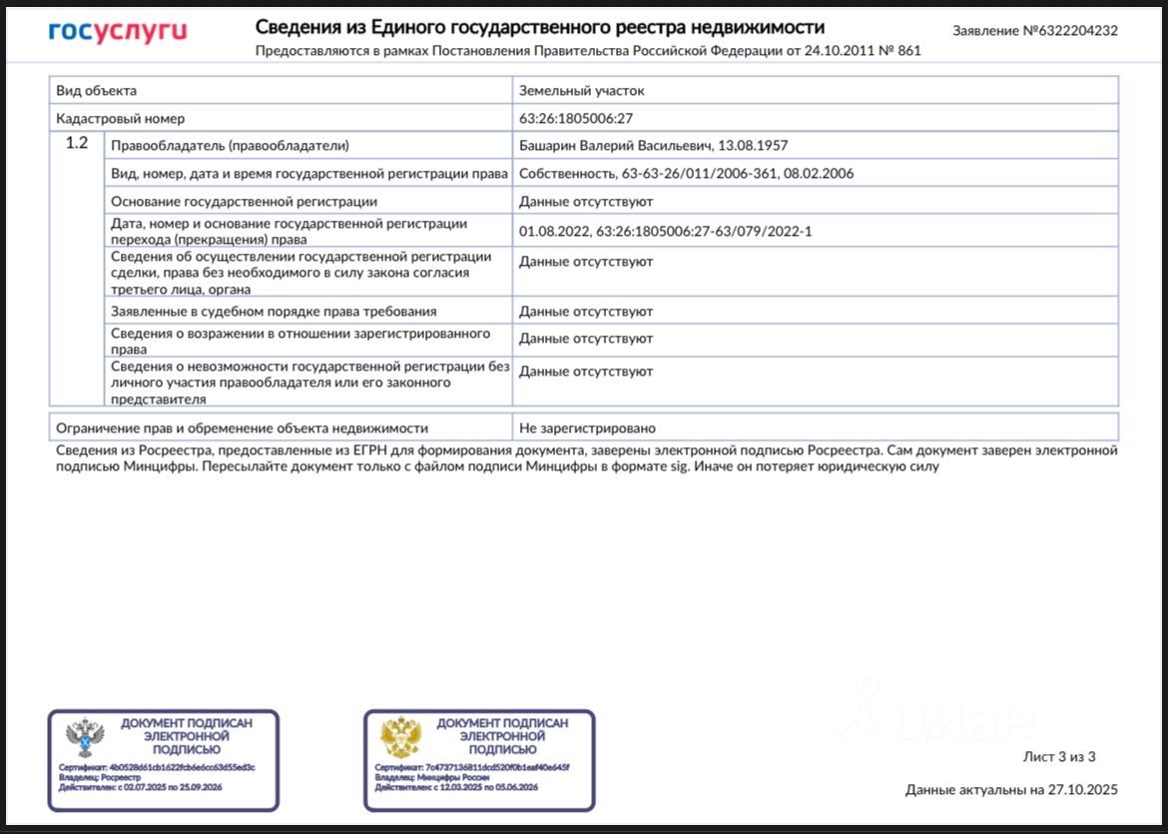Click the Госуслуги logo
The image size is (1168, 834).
(117, 32)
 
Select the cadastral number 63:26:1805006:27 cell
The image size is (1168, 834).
(575, 118)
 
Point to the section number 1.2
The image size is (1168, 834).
(77, 144)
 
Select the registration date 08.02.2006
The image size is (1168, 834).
(821, 174)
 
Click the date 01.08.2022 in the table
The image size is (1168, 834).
(553, 232)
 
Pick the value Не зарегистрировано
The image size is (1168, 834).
(587, 428)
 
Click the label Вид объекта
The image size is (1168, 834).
(96, 91)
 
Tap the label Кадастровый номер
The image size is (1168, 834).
(120, 118)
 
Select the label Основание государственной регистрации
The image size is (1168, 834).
(244, 202)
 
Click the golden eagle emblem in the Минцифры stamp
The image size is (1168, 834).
(401, 737)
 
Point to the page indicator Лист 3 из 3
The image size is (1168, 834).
(1059, 756)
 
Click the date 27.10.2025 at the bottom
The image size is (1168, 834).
(1083, 790)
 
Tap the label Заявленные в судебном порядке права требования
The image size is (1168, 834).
(273, 312)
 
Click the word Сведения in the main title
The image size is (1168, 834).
(298, 27)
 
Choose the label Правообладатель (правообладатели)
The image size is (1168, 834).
(230, 146)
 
